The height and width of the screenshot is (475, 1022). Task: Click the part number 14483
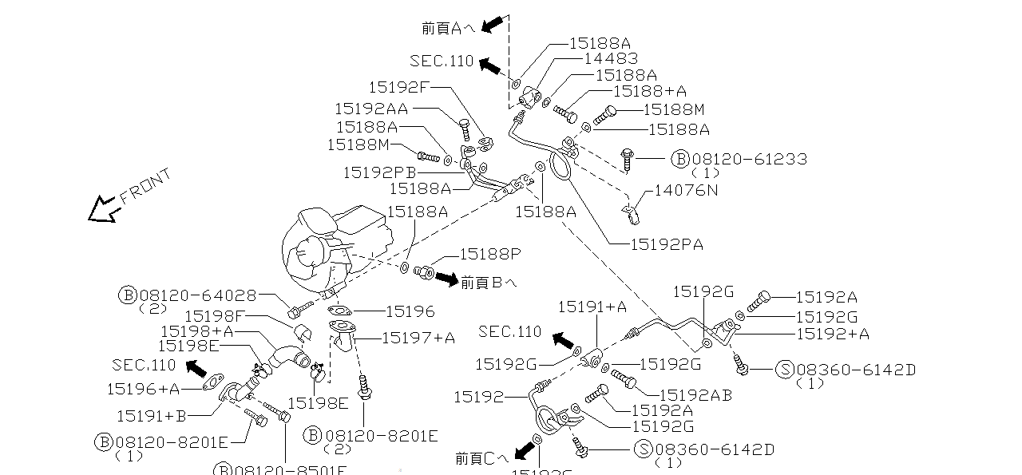[611, 58]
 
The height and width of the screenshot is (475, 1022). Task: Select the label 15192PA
[667, 244]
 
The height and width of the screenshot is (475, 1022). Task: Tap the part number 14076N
[686, 190]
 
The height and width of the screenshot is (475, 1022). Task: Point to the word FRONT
[145, 187]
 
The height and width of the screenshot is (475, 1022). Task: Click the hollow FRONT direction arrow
[104, 209]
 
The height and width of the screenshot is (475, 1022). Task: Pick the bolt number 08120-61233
[749, 160]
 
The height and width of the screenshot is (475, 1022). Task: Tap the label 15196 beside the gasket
[410, 311]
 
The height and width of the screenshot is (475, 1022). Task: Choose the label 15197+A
[418, 338]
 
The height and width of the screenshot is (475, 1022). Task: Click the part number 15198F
[214, 317]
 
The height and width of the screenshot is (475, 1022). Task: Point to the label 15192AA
[370, 109]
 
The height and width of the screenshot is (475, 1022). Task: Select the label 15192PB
[379, 172]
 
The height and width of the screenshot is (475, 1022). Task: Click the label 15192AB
[695, 394]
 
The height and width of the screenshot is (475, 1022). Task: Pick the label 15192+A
[833, 334]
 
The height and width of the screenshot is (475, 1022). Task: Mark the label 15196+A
[143, 389]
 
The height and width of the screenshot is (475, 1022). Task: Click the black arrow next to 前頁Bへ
[446, 279]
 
